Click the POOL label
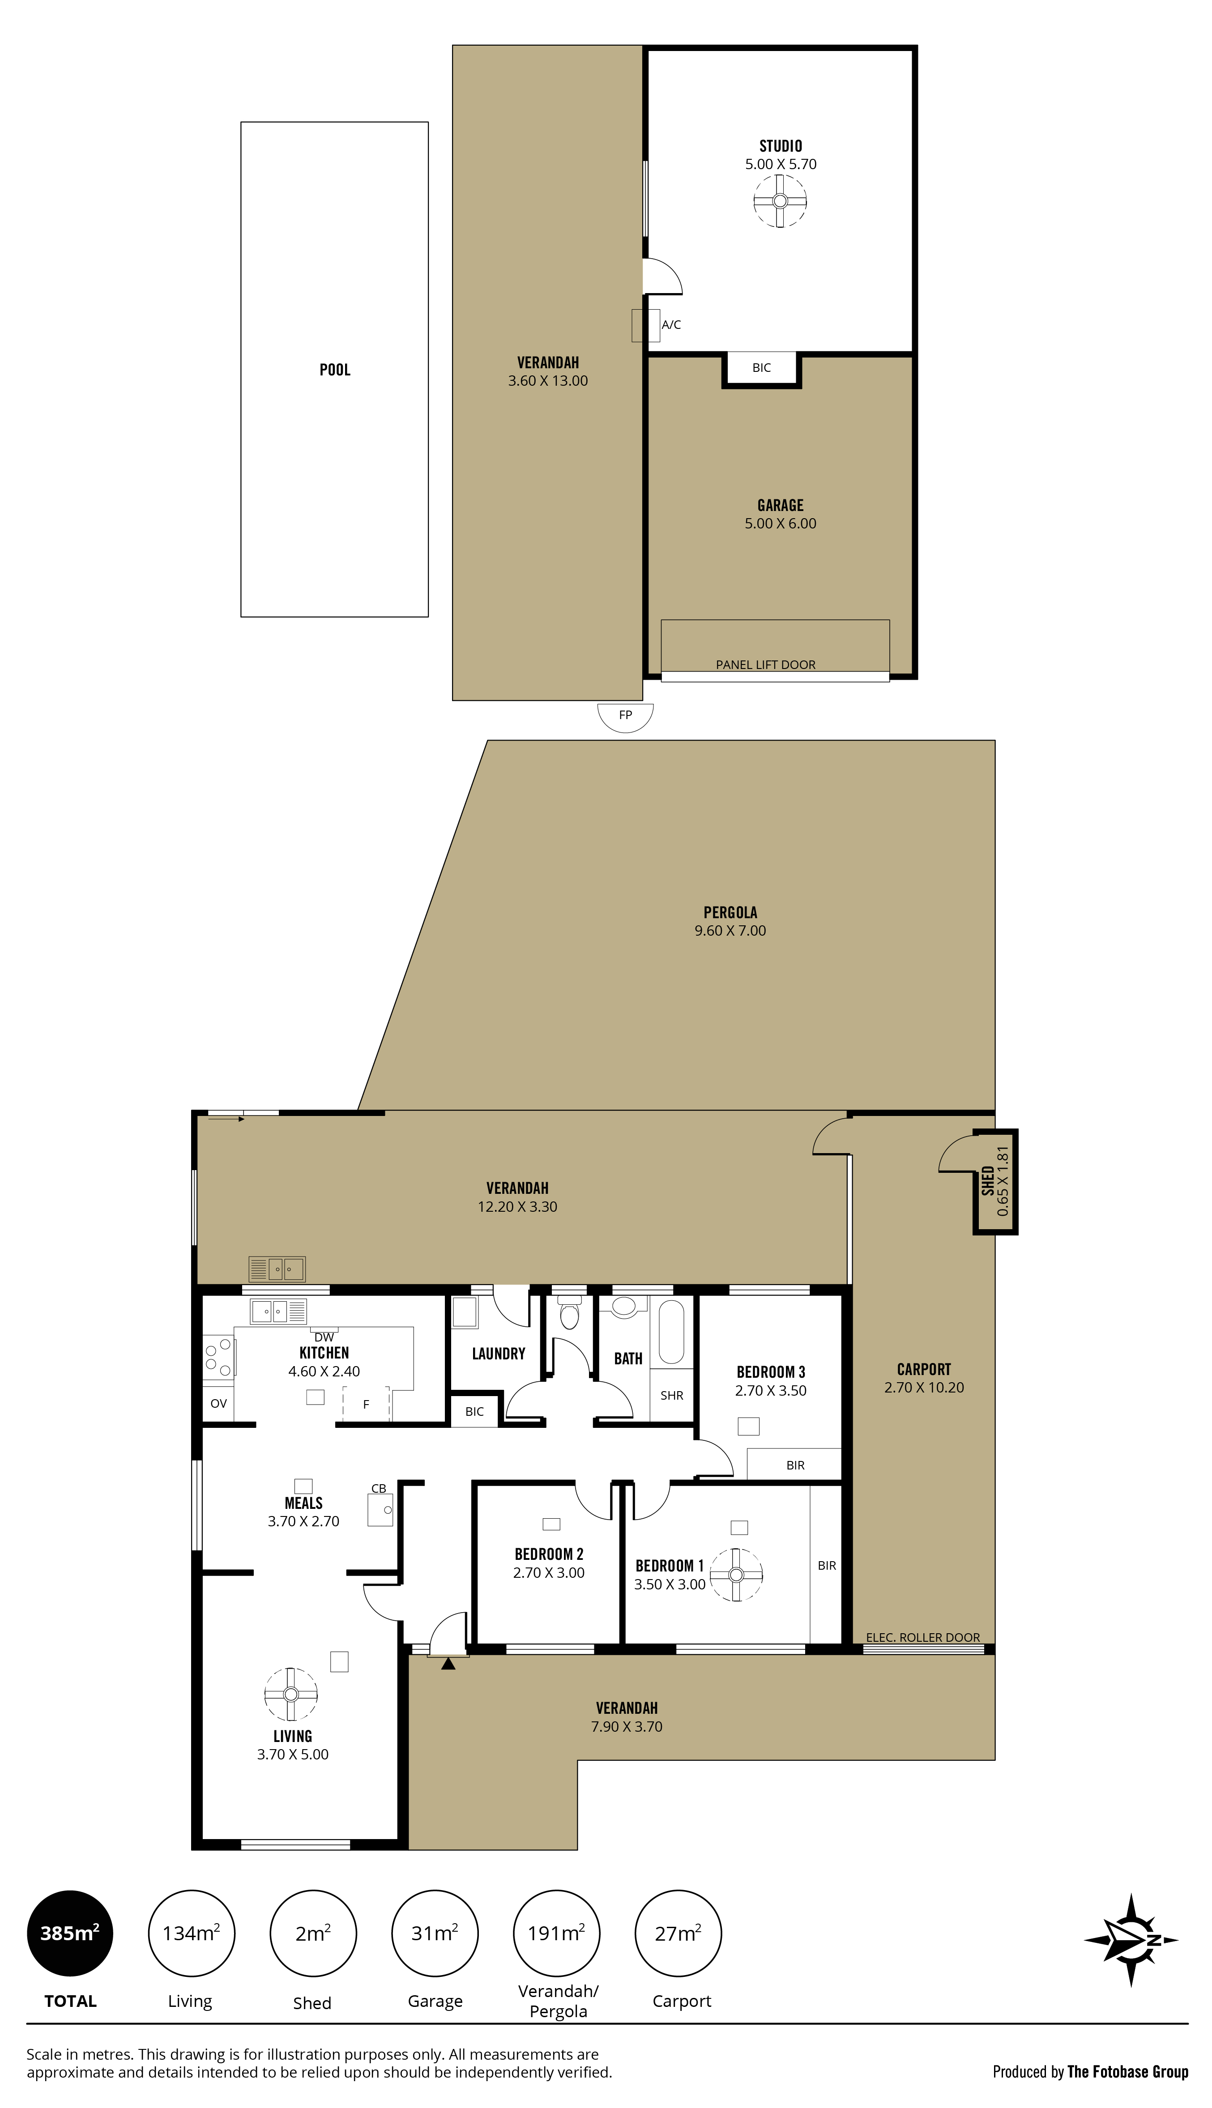pyautogui.click(x=335, y=370)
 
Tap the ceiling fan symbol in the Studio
pyautogui.click(x=780, y=200)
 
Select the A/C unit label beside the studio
pyautogui.click(x=671, y=324)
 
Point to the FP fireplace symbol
pyautogui.click(x=625, y=715)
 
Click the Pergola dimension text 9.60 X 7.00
pyautogui.click(x=730, y=930)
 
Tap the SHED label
pyautogui.click(x=987, y=1180)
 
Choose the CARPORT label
pyautogui.click(x=924, y=1369)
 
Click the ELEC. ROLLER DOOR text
pyautogui.click(x=923, y=1637)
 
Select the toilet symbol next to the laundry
pyautogui.click(x=569, y=1313)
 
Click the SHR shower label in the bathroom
pyautogui.click(x=672, y=1396)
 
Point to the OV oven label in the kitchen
pyautogui.click(x=218, y=1403)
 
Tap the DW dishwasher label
pyautogui.click(x=324, y=1337)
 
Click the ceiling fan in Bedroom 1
pyautogui.click(x=736, y=1575)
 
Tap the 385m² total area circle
pyautogui.click(x=70, y=1933)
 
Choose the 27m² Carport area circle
pyautogui.click(x=678, y=1933)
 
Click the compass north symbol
pyautogui.click(x=1131, y=1940)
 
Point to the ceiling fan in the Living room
pyautogui.click(x=290, y=1695)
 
